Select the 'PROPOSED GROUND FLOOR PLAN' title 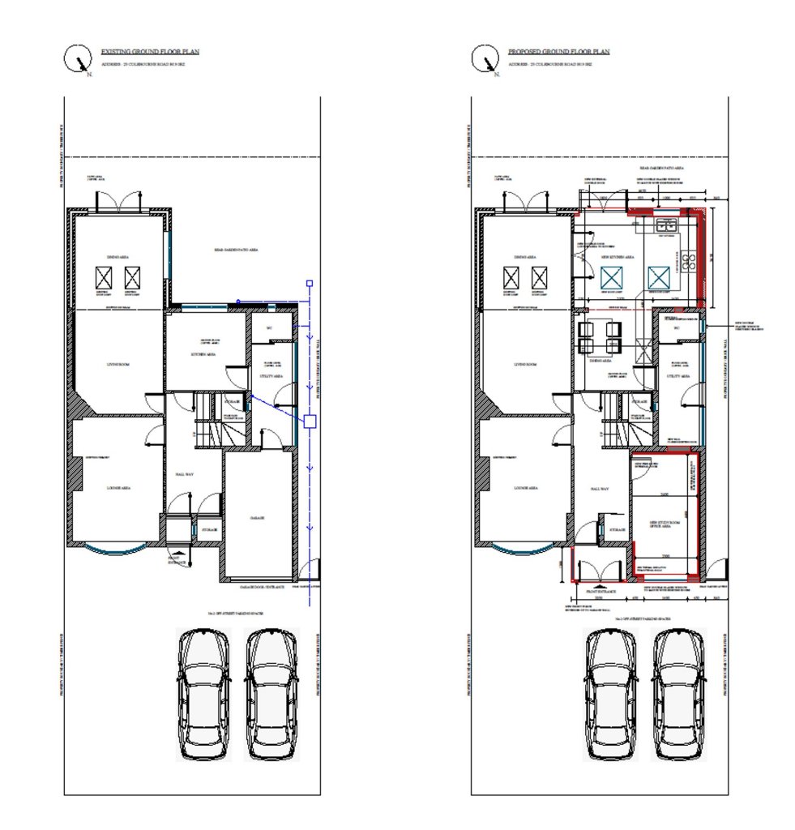point(558,52)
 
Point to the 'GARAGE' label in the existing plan point(258,517)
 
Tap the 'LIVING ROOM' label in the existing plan point(118,366)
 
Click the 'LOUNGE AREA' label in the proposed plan point(526,488)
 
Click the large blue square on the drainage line point(310,421)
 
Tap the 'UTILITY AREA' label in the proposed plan point(677,377)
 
